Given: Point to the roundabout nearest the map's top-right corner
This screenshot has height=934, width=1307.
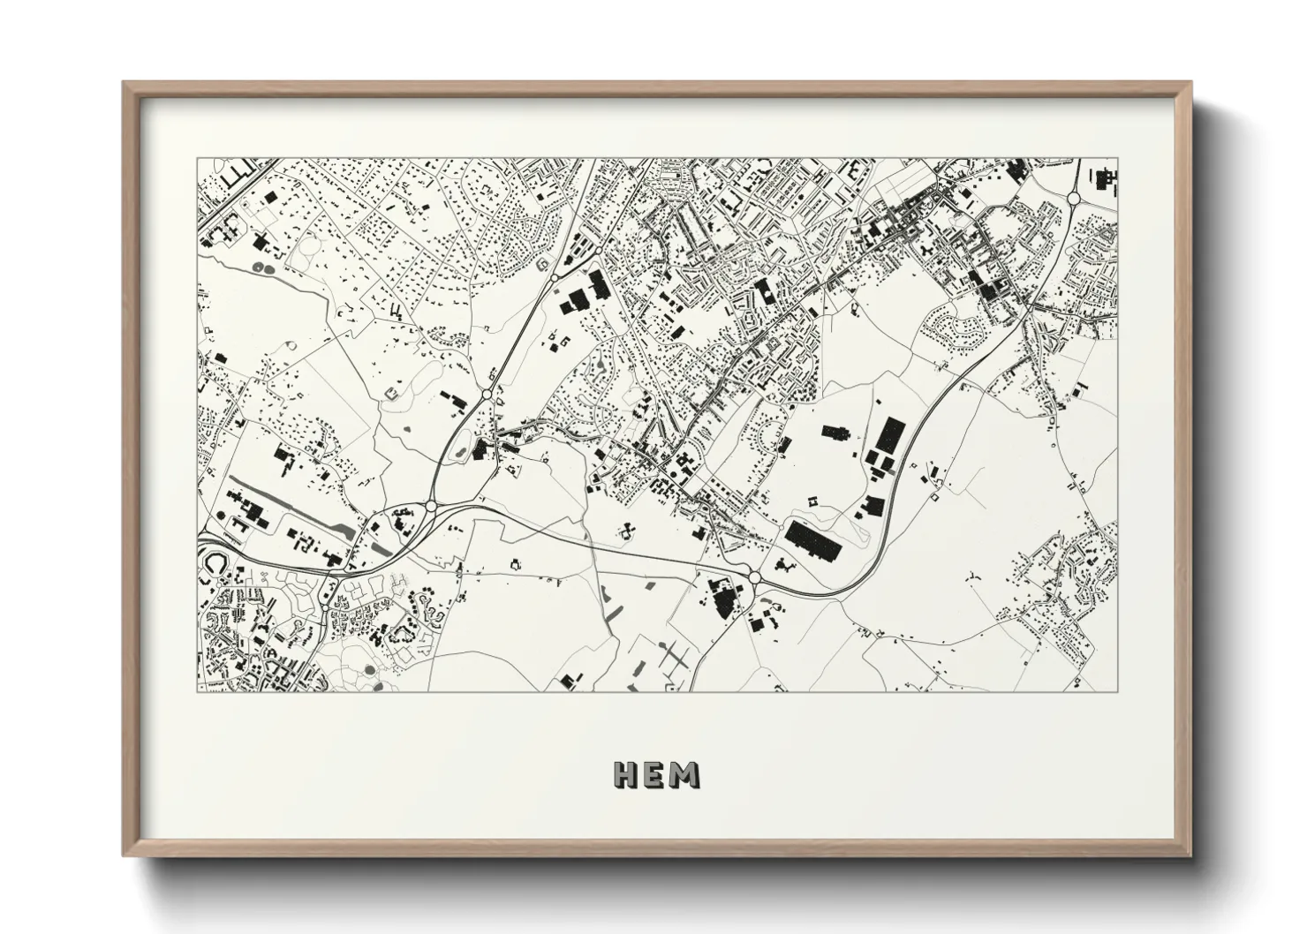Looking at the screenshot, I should point(1075,199).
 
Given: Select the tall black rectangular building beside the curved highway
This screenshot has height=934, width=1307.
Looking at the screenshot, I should point(890,434).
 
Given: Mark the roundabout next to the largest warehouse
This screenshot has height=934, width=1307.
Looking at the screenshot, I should point(755,577).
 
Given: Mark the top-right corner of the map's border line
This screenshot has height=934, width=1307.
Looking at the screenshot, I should point(1116,159).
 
